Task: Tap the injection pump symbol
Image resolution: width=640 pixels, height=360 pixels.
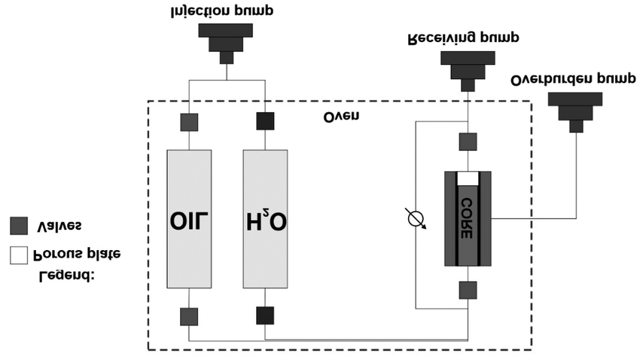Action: [x=227, y=42]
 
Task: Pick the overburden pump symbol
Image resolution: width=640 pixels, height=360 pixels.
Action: [x=575, y=110]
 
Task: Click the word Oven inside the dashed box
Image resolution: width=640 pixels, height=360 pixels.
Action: [x=341, y=116]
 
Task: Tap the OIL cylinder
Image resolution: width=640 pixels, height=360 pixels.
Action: [x=189, y=218]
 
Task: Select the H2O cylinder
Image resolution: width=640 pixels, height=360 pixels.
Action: [x=265, y=218]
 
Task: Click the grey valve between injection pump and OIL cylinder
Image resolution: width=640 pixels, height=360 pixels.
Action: [x=189, y=121]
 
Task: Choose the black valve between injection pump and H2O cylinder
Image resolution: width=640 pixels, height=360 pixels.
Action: [x=265, y=121]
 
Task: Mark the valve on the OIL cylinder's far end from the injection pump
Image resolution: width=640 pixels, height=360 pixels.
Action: [x=189, y=316]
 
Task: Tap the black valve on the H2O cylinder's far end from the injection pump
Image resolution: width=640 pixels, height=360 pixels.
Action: [x=265, y=316]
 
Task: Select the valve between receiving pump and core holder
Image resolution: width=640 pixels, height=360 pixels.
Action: [x=468, y=141]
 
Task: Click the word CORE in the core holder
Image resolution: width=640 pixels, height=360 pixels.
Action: [x=467, y=218]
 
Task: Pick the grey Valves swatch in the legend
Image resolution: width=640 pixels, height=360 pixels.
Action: [x=20, y=225]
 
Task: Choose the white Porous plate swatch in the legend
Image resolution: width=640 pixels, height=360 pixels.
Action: [x=20, y=254]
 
